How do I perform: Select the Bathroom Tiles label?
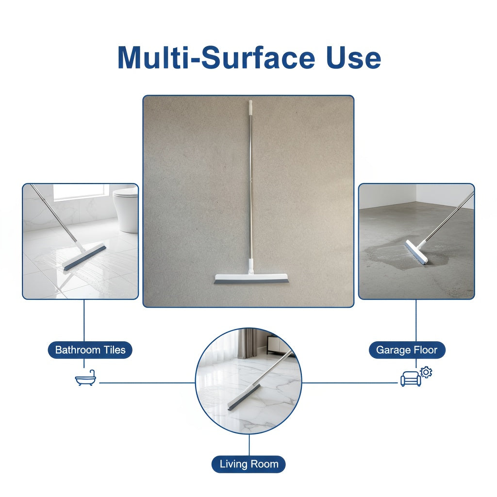click(90, 350)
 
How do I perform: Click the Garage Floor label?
click(407, 350)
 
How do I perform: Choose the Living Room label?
click(248, 464)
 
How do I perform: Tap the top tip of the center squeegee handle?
click(250, 103)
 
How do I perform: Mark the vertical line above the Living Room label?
click(249, 445)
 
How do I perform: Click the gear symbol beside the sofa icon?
click(426, 372)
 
